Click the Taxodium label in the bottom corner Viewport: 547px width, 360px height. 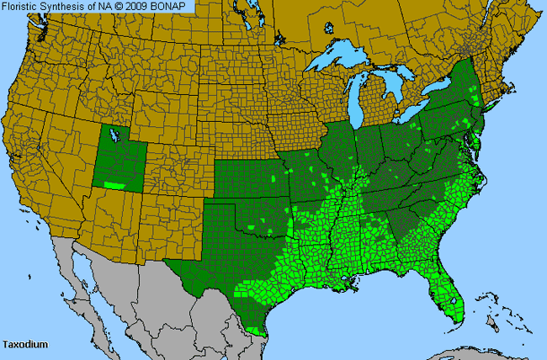(24, 345)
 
